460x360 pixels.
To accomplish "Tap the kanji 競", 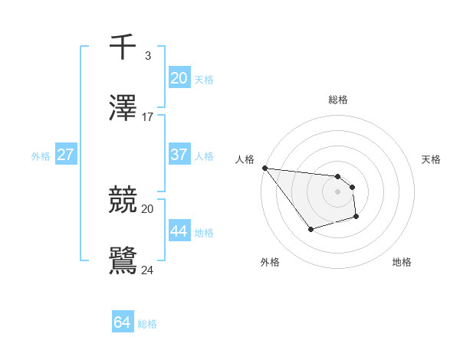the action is (x=123, y=200).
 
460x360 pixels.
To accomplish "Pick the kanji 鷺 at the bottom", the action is (x=123, y=260).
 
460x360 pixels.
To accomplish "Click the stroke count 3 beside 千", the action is (x=148, y=55).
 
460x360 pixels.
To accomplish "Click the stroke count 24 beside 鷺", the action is (x=148, y=269).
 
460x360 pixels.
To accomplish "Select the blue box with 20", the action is (x=179, y=77).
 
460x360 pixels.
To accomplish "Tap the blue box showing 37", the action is (x=179, y=155).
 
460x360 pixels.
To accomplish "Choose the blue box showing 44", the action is (x=179, y=231).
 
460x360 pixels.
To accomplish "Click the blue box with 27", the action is (x=65, y=155).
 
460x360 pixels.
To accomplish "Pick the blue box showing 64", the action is (x=122, y=323).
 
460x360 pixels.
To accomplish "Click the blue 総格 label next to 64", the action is (x=147, y=324).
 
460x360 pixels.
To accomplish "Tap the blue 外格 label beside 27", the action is (x=41, y=155).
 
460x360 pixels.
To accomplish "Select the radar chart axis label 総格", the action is (x=337, y=100).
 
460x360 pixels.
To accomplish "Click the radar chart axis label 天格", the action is (x=432, y=159).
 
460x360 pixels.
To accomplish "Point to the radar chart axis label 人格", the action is (x=245, y=159).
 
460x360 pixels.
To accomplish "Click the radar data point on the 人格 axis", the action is (x=264, y=168).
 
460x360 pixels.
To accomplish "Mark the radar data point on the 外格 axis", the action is (x=310, y=229).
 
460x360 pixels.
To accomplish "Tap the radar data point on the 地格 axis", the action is (x=356, y=218).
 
